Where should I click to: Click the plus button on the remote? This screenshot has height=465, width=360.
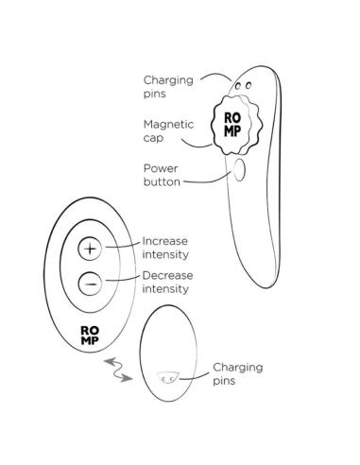pyautogui.click(x=90, y=249)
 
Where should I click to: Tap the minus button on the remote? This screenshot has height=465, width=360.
pyautogui.click(x=90, y=284)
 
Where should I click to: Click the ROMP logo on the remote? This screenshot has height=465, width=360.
pyautogui.click(x=90, y=336)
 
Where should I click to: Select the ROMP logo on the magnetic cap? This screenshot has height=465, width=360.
pyautogui.click(x=232, y=125)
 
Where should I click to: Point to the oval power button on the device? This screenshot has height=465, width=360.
pyautogui.click(x=239, y=170)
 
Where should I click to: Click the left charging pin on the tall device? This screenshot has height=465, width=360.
pyautogui.click(x=238, y=86)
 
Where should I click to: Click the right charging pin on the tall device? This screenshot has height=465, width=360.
pyautogui.click(x=249, y=85)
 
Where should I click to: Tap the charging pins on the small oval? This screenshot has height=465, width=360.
pyautogui.click(x=169, y=377)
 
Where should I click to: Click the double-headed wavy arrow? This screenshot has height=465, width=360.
pyautogui.click(x=118, y=370)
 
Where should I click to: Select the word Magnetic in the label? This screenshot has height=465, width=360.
pyautogui.click(x=168, y=125)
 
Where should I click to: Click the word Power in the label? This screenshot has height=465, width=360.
pyautogui.click(x=161, y=168)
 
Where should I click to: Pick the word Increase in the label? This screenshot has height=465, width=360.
pyautogui.click(x=165, y=241)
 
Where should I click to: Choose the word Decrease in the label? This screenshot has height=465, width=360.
pyautogui.click(x=167, y=275)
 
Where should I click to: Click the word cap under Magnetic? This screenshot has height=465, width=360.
pyautogui.click(x=153, y=138)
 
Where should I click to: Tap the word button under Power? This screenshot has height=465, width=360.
pyautogui.click(x=162, y=181)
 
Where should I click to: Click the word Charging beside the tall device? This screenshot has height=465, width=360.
pyautogui.click(x=168, y=80)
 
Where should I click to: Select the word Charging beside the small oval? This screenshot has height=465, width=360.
pyautogui.click(x=238, y=368)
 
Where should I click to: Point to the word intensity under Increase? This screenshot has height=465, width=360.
pyautogui.click(x=165, y=254)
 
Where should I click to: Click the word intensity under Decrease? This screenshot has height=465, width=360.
pyautogui.click(x=165, y=288)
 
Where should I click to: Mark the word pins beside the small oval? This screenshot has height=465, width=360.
pyautogui.click(x=224, y=381)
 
